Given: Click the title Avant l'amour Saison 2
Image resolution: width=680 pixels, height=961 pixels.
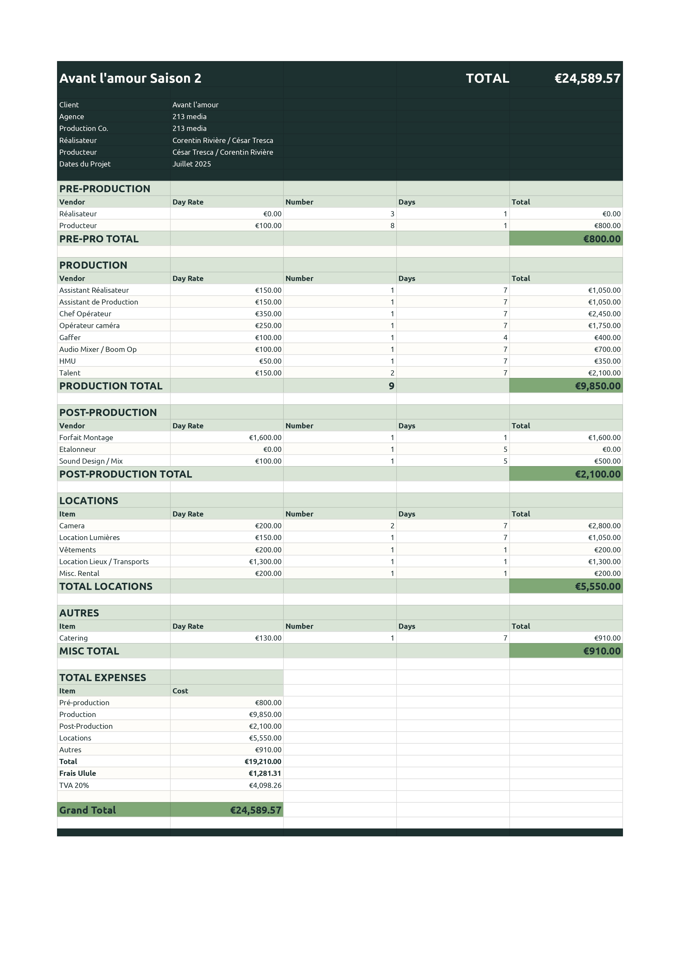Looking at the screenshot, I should click(130, 78).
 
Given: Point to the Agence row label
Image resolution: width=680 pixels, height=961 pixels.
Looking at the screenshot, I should click(71, 117).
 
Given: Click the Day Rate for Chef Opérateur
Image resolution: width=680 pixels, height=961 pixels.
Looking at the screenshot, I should click(268, 314).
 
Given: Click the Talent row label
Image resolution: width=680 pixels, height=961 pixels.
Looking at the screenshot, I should click(70, 373).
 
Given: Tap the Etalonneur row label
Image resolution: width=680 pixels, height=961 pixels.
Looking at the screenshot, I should click(78, 449).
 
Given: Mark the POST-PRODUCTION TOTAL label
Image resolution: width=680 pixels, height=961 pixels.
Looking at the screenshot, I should click(125, 474).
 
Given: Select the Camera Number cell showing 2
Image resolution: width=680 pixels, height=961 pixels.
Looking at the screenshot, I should click(392, 526).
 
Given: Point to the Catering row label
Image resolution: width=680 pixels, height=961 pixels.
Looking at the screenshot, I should click(73, 638).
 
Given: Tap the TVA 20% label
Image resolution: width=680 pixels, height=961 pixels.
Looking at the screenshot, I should click(74, 786).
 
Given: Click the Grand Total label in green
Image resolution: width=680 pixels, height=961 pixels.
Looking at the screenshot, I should click(87, 810).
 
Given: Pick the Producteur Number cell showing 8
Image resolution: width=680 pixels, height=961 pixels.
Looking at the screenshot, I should click(392, 226).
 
